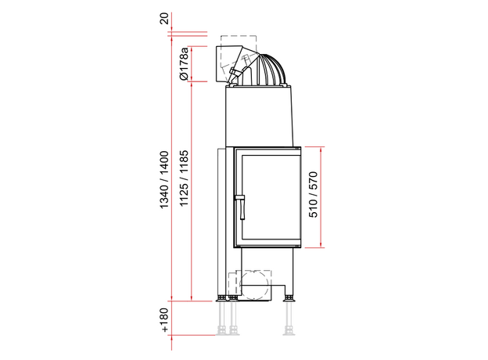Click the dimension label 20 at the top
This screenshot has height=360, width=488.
164,18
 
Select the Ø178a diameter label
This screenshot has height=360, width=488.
184,64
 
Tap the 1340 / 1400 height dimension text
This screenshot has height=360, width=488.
164,180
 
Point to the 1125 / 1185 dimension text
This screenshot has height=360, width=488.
184,178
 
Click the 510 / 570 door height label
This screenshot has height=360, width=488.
313,195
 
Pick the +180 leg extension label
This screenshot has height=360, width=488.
164,320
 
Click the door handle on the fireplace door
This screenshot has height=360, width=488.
241,206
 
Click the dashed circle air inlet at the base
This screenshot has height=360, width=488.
253,285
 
